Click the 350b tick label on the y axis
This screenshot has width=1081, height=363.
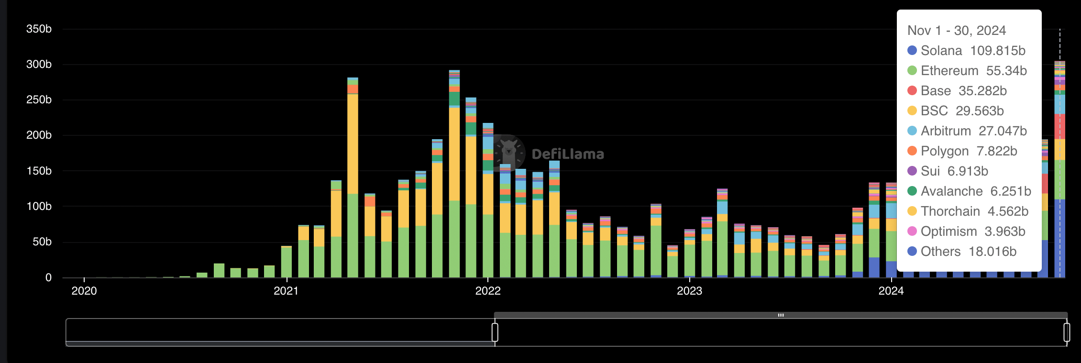click(39, 29)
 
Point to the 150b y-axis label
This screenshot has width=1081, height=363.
click(39, 171)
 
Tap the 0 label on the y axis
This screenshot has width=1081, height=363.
click(48, 278)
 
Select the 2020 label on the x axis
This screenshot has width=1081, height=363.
click(84, 291)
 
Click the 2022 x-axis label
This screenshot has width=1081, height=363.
click(488, 291)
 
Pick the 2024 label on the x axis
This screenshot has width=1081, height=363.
click(891, 291)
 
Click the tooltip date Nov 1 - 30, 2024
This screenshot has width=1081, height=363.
click(957, 31)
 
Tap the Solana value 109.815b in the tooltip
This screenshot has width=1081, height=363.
click(998, 51)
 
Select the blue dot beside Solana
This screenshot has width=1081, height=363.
click(912, 51)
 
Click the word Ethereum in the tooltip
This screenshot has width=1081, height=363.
click(949, 71)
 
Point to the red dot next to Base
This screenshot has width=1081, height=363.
click(912, 91)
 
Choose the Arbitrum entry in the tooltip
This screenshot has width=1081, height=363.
click(946, 131)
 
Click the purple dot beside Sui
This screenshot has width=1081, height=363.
click(912, 171)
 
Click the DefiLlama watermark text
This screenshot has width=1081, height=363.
click(568, 154)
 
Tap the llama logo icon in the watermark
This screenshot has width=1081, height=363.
click(508, 153)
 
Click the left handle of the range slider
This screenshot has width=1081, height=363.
click(495, 332)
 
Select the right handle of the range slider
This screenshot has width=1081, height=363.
click(1067, 332)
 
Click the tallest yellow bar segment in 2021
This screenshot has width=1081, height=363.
click(353, 143)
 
